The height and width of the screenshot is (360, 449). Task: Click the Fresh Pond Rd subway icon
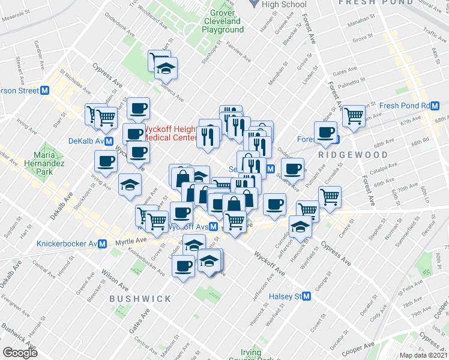435,106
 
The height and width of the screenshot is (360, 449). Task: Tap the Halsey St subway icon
307,296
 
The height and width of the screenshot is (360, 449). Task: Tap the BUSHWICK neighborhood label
140,298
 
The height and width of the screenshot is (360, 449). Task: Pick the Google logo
20,353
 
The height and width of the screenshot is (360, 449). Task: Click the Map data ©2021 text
424,355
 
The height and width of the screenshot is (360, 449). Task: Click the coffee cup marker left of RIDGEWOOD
327,133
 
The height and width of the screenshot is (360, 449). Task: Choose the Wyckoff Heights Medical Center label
170,133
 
